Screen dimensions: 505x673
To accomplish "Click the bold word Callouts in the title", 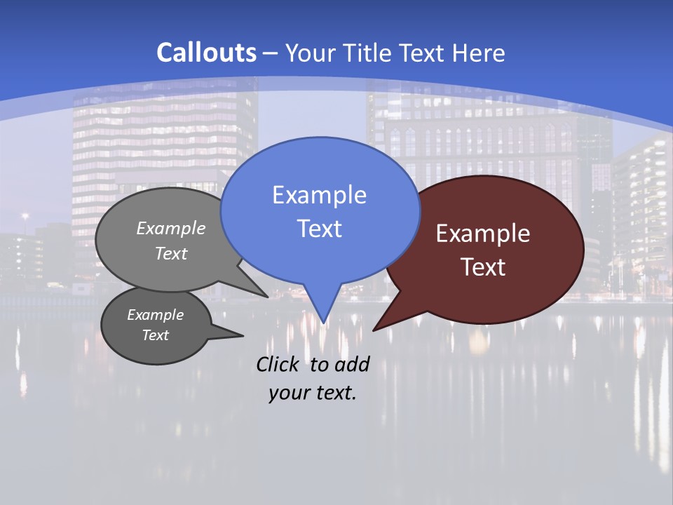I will pyautogui.click(x=206, y=53).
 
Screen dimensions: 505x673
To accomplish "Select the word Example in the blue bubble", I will pyautogui.click(x=319, y=195).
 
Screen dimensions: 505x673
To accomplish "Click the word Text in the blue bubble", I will pyautogui.click(x=319, y=229).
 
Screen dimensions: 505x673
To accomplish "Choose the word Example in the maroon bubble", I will pyautogui.click(x=483, y=234).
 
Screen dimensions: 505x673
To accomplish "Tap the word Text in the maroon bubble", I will pyautogui.click(x=483, y=267).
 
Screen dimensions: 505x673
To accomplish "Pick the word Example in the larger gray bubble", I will pyautogui.click(x=171, y=229).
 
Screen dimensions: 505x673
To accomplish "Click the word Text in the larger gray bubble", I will pyautogui.click(x=171, y=254).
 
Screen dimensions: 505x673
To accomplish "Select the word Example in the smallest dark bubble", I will pyautogui.click(x=156, y=315).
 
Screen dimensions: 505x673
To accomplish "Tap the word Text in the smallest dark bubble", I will pyautogui.click(x=156, y=335).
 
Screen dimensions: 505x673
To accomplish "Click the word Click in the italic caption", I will pyautogui.click(x=278, y=364).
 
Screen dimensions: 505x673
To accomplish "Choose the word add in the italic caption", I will pyautogui.click(x=352, y=364).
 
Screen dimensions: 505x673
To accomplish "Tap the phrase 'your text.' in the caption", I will pyautogui.click(x=313, y=393).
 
